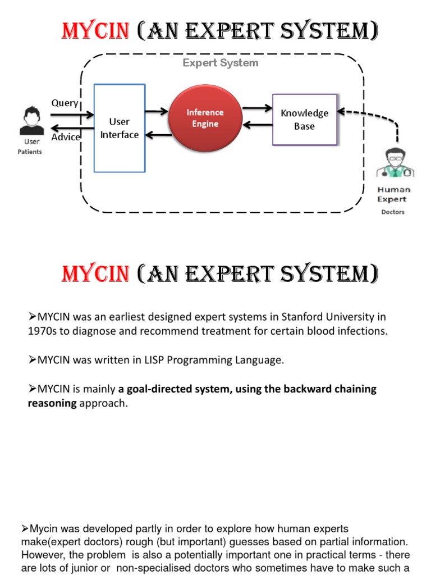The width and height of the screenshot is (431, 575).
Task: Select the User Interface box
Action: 120,128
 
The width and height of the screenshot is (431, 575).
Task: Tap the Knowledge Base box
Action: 304,120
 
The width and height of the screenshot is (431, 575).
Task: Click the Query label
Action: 65,103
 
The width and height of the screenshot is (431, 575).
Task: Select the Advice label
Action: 66,137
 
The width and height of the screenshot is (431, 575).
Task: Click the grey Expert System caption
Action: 221,63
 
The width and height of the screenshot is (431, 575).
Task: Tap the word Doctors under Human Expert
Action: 393,212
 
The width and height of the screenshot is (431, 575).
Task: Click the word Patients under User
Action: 30,152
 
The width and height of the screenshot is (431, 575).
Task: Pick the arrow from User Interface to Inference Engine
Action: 157,111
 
